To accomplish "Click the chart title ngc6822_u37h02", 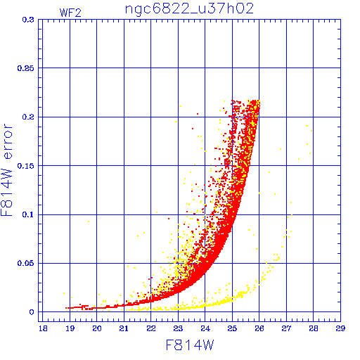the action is pos(189,9).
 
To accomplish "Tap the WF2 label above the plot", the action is pos(70,13).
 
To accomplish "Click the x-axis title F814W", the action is pos(190,345).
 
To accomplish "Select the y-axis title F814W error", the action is pos(7,170).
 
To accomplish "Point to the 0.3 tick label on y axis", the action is pos(28,20).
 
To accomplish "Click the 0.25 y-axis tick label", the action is pos(26,68).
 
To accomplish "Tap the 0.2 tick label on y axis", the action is pos(28,117).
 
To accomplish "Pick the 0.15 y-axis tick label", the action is pos(26,166).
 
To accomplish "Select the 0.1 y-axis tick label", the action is pos(28,214).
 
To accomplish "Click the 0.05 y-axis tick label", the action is pos(26,263).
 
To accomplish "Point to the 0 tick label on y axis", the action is pos(32,312).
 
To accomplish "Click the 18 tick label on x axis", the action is pos(43,328).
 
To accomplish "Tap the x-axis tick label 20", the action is pos(97,328).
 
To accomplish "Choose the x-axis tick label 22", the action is pos(151,328).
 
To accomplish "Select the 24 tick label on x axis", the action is pos(205,328).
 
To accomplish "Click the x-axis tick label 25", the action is pos(232,328).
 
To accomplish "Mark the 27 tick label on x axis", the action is pos(286,328).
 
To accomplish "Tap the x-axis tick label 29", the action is pos(340,328).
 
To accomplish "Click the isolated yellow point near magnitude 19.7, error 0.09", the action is pos(89,221).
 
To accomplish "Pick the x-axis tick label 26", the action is pos(259,328).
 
